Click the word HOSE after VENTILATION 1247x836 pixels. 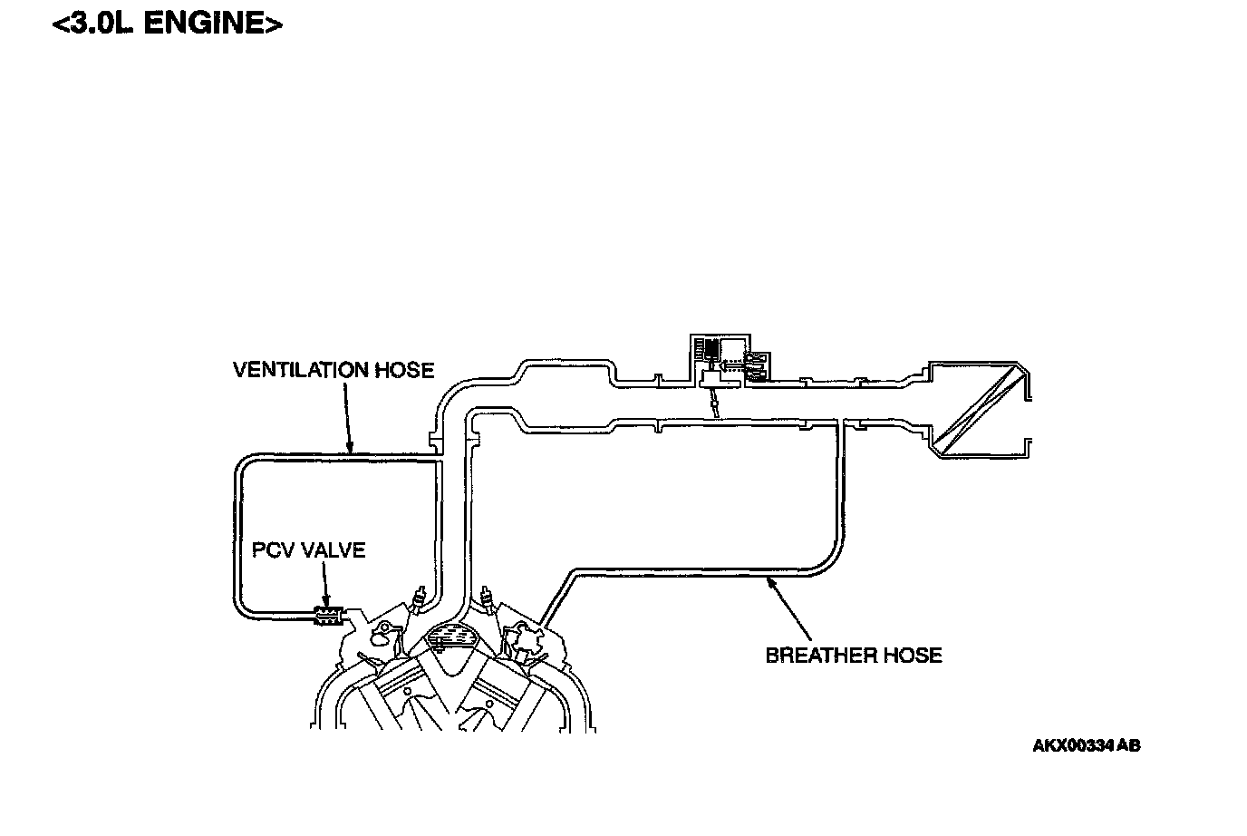click(403, 371)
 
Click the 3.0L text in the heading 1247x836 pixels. click(101, 24)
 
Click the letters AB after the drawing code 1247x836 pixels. click(1129, 746)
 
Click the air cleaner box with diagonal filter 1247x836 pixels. click(979, 409)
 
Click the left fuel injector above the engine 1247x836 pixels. click(419, 599)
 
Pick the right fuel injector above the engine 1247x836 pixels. click(488, 599)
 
